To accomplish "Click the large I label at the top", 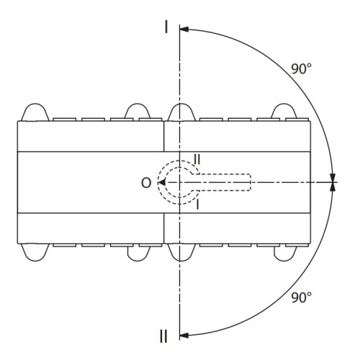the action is click(x=166, y=27).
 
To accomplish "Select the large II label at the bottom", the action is click(x=163, y=336).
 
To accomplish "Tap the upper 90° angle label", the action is click(x=301, y=68).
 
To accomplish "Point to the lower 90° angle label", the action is click(x=301, y=297).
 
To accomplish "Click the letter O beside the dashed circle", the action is click(x=146, y=183).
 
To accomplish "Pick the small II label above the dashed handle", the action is click(x=197, y=159).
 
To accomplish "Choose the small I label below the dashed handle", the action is click(x=197, y=204).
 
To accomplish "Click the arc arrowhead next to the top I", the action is click(x=184, y=30).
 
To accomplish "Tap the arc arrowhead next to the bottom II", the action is click(x=184, y=336).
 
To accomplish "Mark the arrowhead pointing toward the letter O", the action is click(x=162, y=183).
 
